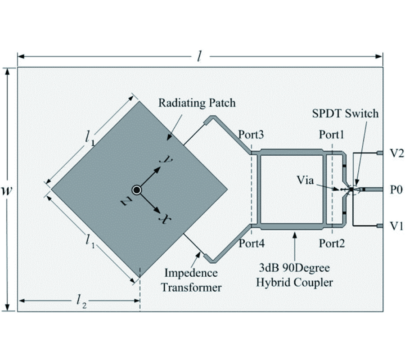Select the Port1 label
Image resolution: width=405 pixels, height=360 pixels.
[332, 135]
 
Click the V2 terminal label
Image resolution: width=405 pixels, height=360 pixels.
[396, 153]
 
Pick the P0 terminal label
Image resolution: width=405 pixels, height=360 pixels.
[396, 189]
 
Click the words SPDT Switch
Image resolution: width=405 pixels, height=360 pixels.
[346, 114]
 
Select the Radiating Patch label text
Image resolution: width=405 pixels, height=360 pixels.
[197, 103]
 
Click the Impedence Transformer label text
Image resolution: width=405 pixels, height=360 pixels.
[191, 280]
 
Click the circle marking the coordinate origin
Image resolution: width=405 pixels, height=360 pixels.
[137, 189]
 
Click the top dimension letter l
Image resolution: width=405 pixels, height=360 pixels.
[200, 56]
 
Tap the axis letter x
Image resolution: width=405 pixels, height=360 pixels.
[166, 219]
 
